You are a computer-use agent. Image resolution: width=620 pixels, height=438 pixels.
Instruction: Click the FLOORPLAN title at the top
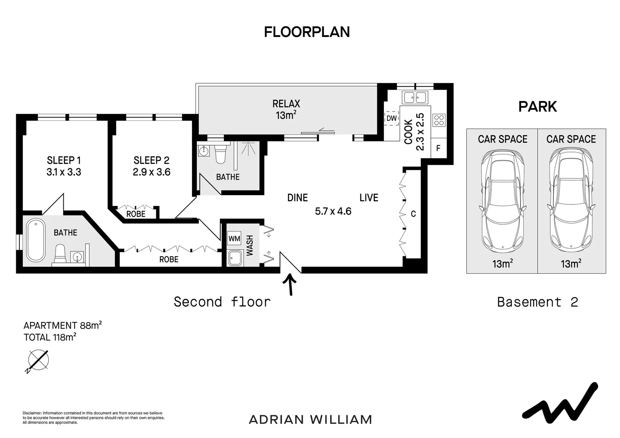coord(307,32)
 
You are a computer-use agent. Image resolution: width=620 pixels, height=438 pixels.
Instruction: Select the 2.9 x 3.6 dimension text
coord(151,172)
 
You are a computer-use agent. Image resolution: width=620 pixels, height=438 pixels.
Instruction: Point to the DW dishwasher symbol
coord(391,118)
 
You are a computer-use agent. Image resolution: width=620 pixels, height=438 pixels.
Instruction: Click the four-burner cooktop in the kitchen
coord(439,120)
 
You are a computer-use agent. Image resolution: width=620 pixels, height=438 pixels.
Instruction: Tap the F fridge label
coord(438,148)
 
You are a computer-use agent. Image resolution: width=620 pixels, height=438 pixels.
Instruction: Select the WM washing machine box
coord(234,238)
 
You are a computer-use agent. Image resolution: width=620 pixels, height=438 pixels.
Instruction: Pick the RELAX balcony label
coord(286,104)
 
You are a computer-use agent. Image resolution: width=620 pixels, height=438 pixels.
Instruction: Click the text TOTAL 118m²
coord(50,337)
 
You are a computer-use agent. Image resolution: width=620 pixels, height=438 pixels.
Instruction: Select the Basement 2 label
coord(537,302)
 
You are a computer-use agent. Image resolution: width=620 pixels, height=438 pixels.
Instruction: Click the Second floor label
coord(222,302)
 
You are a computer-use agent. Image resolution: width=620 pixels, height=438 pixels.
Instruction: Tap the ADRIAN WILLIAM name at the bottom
coord(310,419)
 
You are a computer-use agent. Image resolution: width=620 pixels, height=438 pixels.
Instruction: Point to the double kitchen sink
coord(414,97)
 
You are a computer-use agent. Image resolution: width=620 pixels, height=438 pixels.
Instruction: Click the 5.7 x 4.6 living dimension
coord(333,211)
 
